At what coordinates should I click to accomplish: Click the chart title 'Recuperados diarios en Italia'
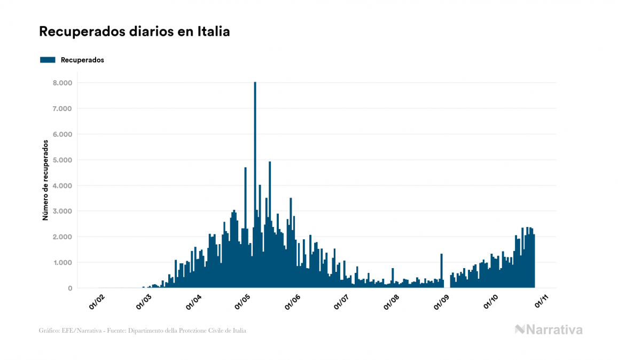pyautogui.click(x=135, y=32)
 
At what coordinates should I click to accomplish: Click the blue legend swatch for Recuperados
pyautogui.click(x=48, y=60)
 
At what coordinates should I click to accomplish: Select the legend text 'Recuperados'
pyautogui.click(x=82, y=60)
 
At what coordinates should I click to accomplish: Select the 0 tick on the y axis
pyautogui.click(x=70, y=288)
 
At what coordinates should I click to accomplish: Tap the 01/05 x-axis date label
pyautogui.click(x=244, y=302)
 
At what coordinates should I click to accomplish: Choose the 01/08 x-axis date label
pyautogui.click(x=392, y=302)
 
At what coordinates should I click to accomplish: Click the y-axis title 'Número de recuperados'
pyautogui.click(x=46, y=181)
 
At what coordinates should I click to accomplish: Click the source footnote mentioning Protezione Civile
pyautogui.click(x=143, y=331)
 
